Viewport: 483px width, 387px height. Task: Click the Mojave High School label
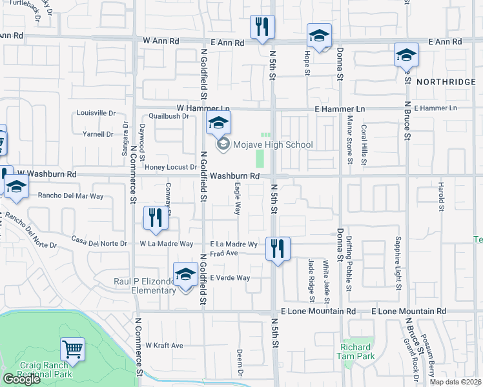tap(274, 144)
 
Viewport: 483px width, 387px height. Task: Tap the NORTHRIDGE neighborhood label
tap(446, 82)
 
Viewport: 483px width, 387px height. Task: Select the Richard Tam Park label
tap(357, 352)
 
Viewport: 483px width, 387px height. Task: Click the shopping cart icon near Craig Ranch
tap(72, 350)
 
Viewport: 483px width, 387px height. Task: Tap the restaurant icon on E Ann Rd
tap(262, 27)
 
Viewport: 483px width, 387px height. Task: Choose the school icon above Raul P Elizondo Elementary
tap(185, 274)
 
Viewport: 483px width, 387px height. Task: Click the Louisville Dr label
tap(96, 113)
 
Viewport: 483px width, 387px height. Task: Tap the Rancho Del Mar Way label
tap(71, 195)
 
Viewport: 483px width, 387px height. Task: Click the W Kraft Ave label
tap(164, 346)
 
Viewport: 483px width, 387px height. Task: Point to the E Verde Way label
tap(230, 278)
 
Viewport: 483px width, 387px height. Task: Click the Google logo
tap(21, 379)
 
